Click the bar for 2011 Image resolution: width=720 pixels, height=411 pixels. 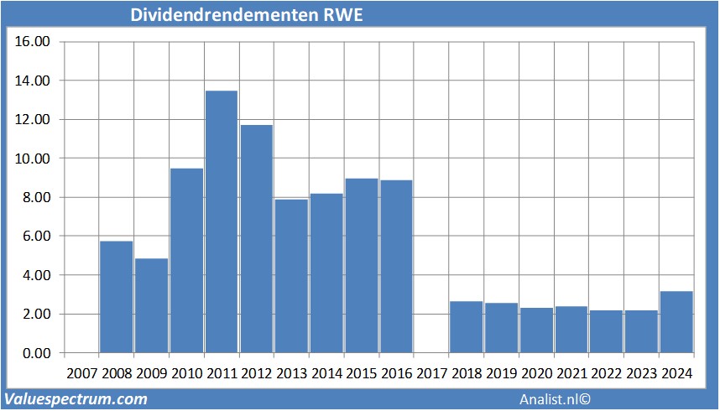(x=222, y=221)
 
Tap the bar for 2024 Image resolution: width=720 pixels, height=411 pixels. (x=676, y=322)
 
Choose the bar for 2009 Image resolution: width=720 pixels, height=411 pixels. (x=152, y=305)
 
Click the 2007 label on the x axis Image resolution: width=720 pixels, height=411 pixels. (x=81, y=373)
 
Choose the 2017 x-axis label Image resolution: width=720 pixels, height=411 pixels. (x=431, y=373)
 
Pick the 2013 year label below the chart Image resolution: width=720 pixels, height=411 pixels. (x=291, y=373)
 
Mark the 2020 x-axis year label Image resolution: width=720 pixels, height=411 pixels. (x=536, y=373)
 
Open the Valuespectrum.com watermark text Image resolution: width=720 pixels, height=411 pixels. (x=76, y=399)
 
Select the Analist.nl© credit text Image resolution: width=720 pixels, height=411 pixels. (x=556, y=400)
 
